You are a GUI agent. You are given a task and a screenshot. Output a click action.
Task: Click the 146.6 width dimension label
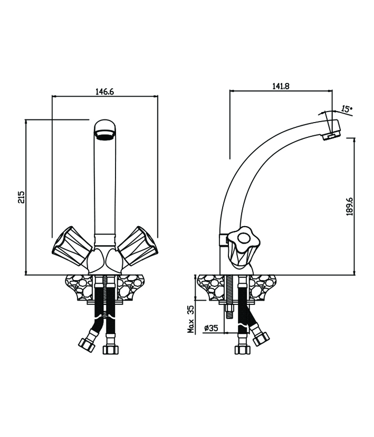point(104,91)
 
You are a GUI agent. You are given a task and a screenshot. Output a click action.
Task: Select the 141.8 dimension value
point(280,86)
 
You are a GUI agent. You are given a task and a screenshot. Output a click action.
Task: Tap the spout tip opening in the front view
point(105,138)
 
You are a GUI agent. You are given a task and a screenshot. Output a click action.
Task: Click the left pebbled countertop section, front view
point(79,289)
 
